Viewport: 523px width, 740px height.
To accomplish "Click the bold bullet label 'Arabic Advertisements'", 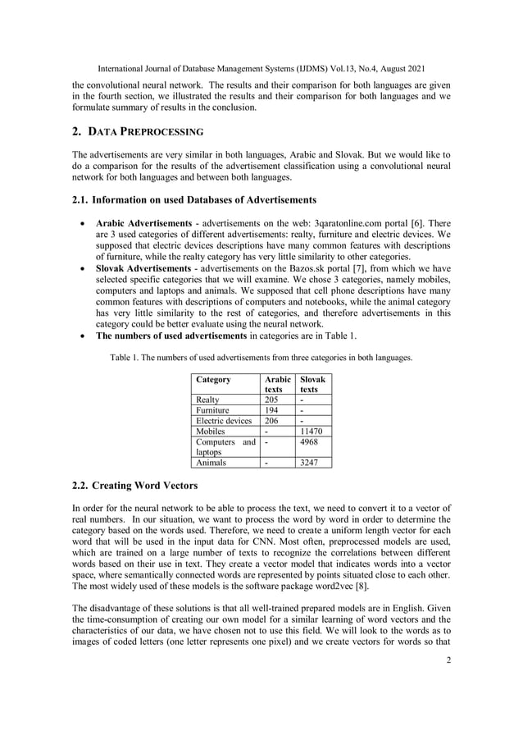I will pyautogui.click(x=144, y=222).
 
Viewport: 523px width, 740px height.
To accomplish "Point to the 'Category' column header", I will pyautogui.click(x=213, y=380).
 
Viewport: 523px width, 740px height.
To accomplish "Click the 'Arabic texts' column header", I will pyautogui.click(x=277, y=385).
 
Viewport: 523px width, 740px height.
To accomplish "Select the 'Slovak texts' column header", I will pyautogui.click(x=312, y=385).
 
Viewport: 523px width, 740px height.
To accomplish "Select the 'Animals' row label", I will pyautogui.click(x=211, y=463).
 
